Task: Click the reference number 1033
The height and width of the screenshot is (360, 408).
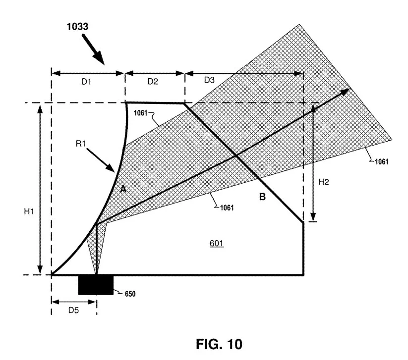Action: pyautogui.click(x=77, y=27)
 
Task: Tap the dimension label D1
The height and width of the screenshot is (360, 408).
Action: pyautogui.click(x=86, y=82)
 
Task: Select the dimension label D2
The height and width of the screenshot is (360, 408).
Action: pyautogui.click(x=153, y=82)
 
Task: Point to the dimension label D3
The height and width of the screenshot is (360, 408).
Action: pyautogui.click(x=210, y=80)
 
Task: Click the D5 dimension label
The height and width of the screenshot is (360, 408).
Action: pyautogui.click(x=73, y=310)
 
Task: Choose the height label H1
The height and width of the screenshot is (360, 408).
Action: pyautogui.click(x=29, y=211)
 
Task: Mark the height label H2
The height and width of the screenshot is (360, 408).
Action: pyautogui.click(x=323, y=182)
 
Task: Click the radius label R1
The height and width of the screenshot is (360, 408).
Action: pyautogui.click(x=81, y=144)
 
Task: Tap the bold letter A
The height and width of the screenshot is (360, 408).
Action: pyautogui.click(x=123, y=189)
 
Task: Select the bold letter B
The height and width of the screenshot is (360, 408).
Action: pyautogui.click(x=262, y=197)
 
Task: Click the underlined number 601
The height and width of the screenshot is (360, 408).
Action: pyautogui.click(x=217, y=244)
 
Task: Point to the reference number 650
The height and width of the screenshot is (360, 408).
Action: pyautogui.click(x=130, y=294)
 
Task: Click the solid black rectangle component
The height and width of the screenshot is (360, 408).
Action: pyautogui.click(x=96, y=285)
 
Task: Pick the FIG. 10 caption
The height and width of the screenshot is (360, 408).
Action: pyautogui.click(x=219, y=344)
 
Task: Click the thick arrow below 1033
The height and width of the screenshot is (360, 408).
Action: pyautogui.click(x=93, y=50)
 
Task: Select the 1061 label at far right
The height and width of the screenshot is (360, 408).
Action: pyautogui.click(x=381, y=161)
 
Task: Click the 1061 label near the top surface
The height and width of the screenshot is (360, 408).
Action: pyautogui.click(x=140, y=113)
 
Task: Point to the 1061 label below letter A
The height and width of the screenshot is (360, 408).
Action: pyautogui.click(x=227, y=207)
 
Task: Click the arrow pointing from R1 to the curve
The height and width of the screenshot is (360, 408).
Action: pyautogui.click(x=101, y=160)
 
